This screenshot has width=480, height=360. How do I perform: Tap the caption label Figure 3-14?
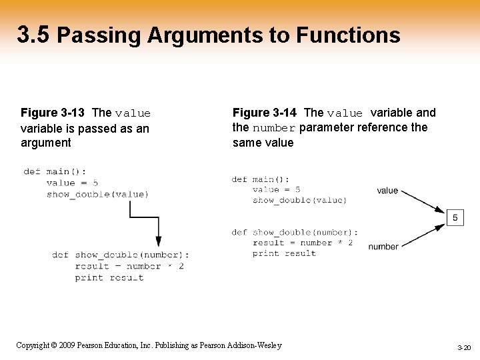pyautogui.click(x=264, y=113)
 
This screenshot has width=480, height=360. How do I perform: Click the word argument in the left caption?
pyautogui.click(x=46, y=143)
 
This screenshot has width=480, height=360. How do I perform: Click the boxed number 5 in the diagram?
pyautogui.click(x=455, y=217)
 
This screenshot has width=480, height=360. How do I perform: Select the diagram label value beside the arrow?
pyautogui.click(x=387, y=191)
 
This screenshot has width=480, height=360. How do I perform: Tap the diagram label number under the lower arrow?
pyautogui.click(x=383, y=247)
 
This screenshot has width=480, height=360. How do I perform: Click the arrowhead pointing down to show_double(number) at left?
pyautogui.click(x=159, y=241)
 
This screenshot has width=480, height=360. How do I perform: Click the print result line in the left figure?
pyautogui.click(x=109, y=277)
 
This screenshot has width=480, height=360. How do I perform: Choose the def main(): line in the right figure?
pyautogui.click(x=261, y=179)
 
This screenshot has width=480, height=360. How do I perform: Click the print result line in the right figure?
pyautogui.click(x=284, y=253)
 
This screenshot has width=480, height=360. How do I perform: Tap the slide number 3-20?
pyautogui.click(x=463, y=348)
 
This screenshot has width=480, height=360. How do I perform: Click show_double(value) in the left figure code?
pyautogui.click(x=97, y=194)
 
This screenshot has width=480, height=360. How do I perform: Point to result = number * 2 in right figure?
pyautogui.click(x=303, y=243)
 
